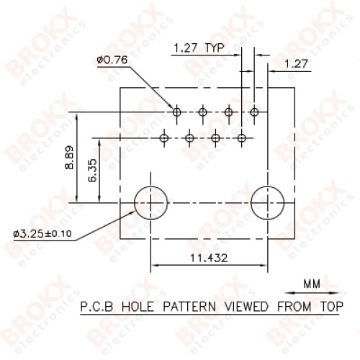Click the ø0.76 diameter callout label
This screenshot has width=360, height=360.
pos(112,60)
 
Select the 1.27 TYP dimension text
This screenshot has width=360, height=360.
pos(199,48)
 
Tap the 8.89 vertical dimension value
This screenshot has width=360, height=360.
pos(69,158)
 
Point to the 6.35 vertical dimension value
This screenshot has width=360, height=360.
pos(92,171)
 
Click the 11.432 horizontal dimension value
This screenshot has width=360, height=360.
pos(209,258)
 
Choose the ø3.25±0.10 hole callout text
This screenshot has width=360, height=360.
pos(42,233)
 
